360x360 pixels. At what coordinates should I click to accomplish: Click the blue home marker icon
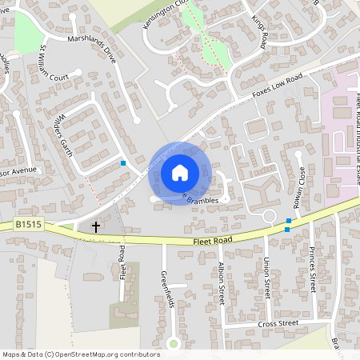pyautogui.click(x=180, y=172)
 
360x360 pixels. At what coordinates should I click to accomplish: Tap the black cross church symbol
pyautogui.click(x=96, y=227)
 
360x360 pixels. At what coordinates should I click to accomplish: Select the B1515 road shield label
pyautogui.click(x=28, y=227)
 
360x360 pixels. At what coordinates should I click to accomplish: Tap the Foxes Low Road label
pyautogui.click(x=277, y=86)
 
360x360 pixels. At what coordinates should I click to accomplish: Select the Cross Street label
pyautogui.click(x=278, y=323)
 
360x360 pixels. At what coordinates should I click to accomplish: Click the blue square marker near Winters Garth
pyautogui.click(x=123, y=163)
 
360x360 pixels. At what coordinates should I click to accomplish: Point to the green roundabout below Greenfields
pyautogui.click(x=173, y=345)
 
